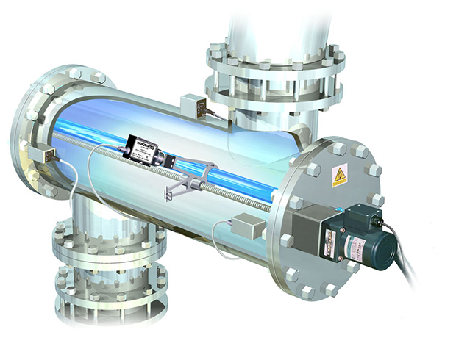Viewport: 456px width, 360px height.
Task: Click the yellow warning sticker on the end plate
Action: point(339,176)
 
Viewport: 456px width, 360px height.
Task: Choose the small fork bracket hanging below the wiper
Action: point(167,192)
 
